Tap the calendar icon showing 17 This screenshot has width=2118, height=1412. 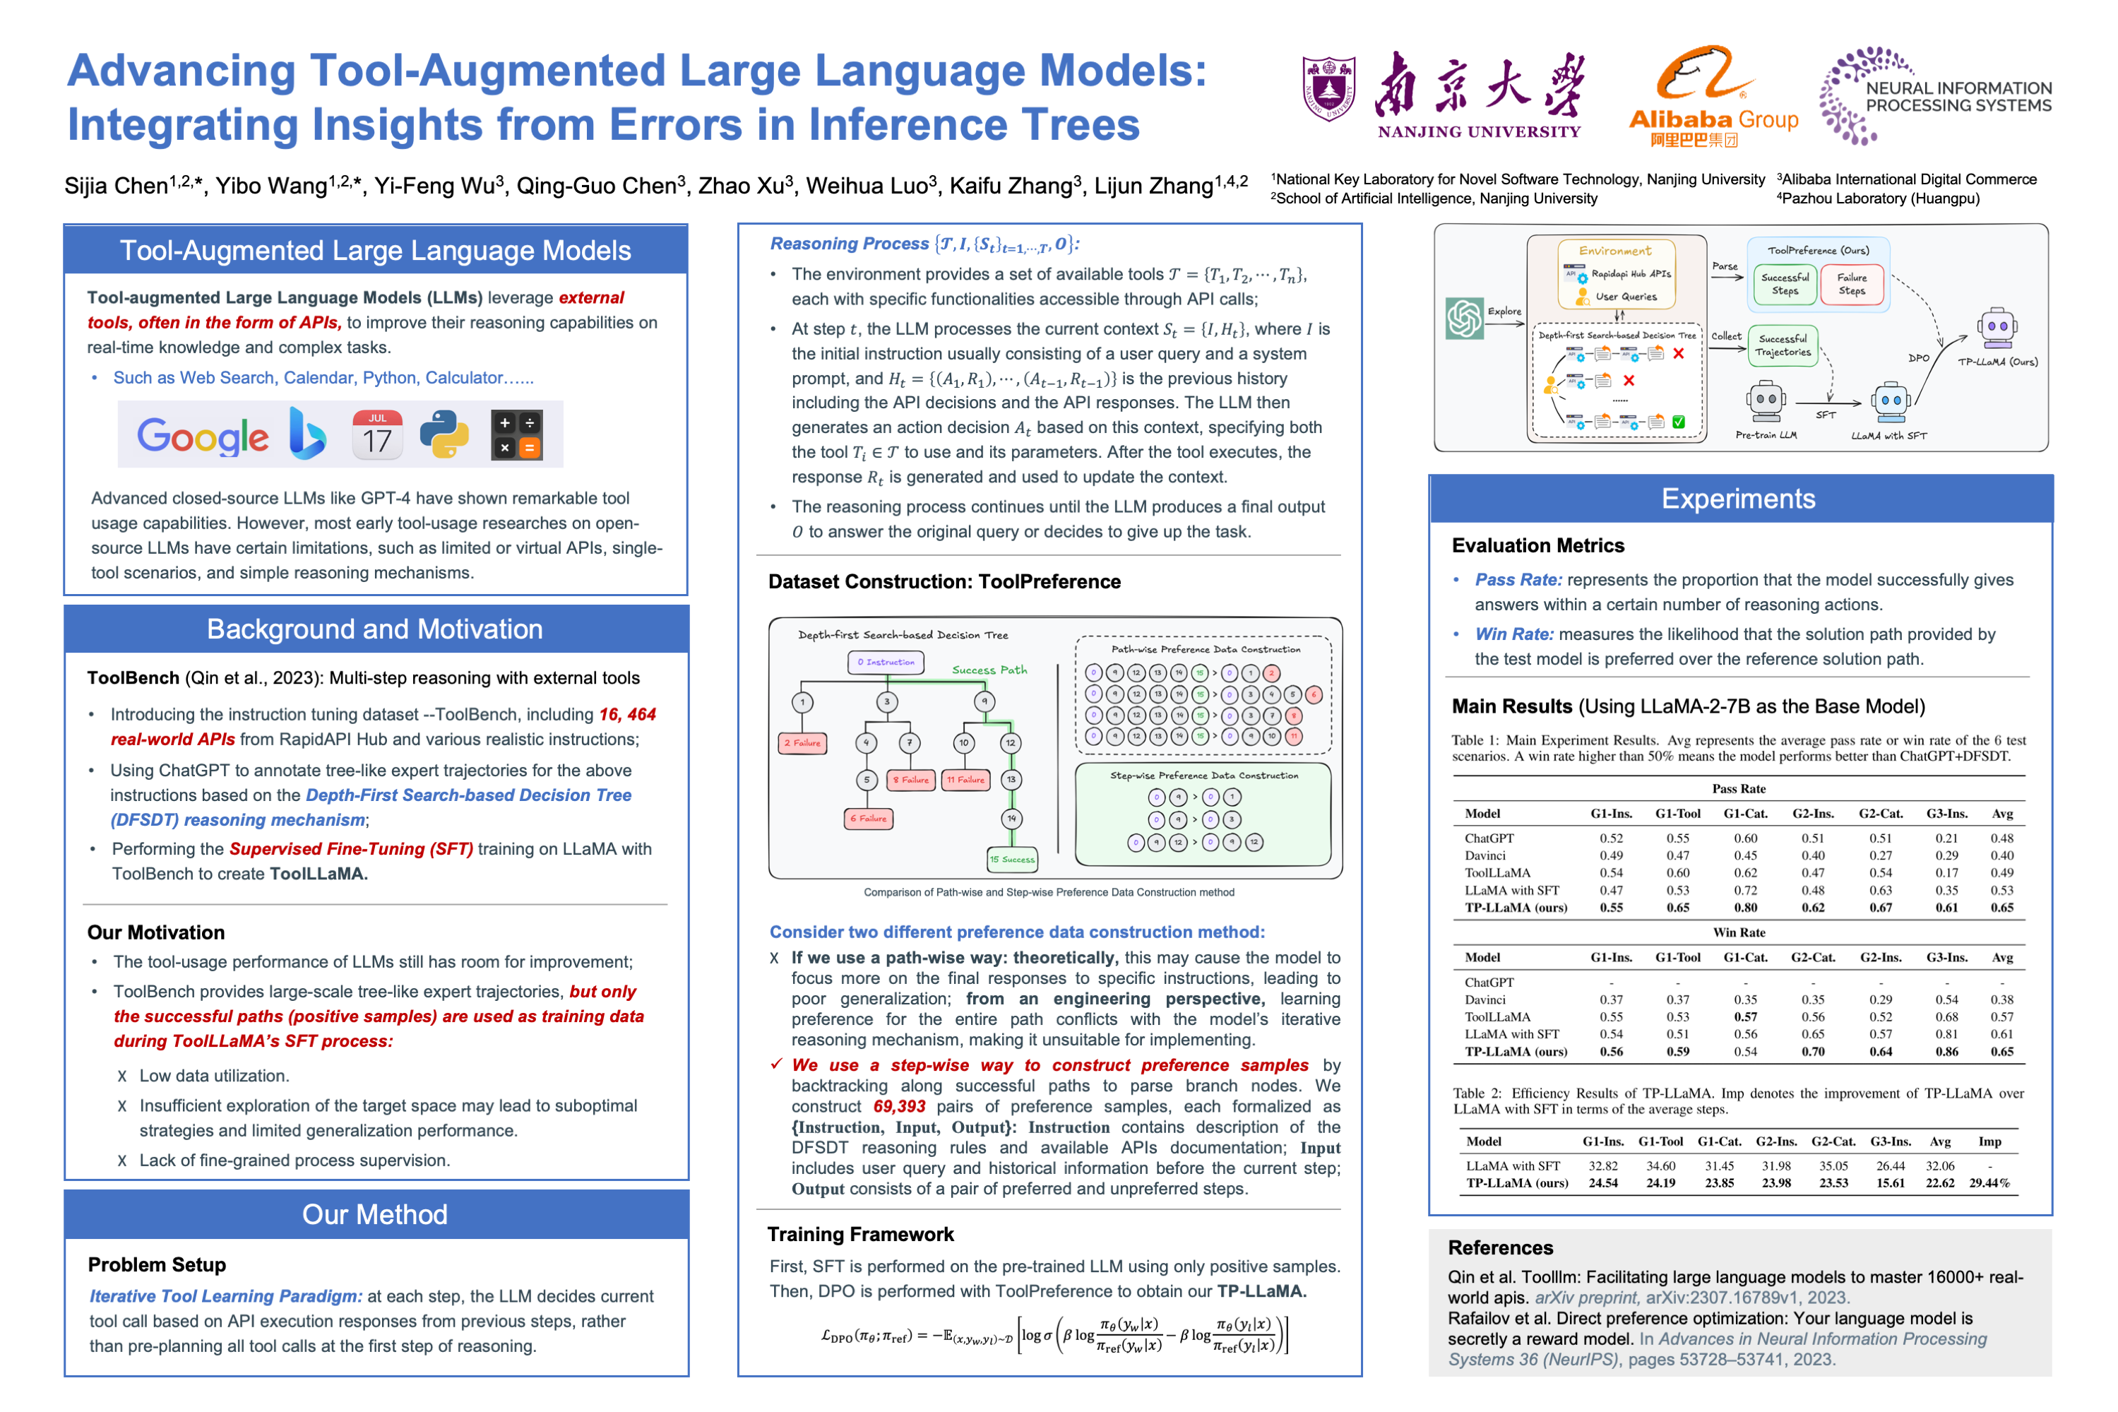pos(376,435)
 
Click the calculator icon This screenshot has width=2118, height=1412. pos(517,435)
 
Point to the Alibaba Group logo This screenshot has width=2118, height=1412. pos(1712,97)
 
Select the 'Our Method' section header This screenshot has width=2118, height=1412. pos(375,1214)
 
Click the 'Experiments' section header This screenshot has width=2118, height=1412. pos(1737,499)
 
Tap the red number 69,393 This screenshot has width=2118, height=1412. pos(898,1107)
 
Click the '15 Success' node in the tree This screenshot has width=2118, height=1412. pos(1012,859)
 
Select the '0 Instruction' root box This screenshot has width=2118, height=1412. pos(885,662)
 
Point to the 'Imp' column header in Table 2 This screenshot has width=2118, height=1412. pos(1989,1141)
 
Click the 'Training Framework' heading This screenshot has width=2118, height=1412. pos(859,1234)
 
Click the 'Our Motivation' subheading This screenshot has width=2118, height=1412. pos(155,932)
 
